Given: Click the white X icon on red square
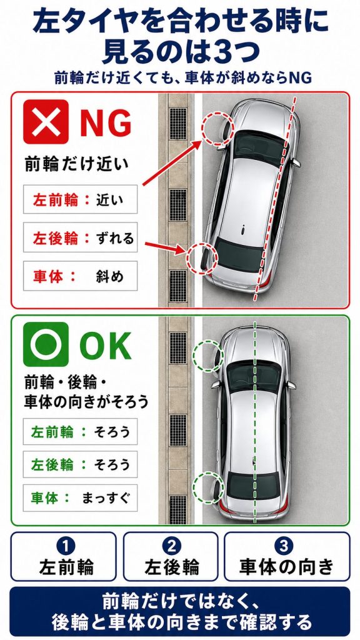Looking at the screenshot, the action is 45,122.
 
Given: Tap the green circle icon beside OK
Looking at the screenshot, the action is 45,344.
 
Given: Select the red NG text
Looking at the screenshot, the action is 106,122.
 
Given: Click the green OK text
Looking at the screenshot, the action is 105,345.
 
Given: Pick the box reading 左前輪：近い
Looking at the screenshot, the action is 80,199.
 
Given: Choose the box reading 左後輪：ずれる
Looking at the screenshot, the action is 80,237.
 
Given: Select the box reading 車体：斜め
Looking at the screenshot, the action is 80,276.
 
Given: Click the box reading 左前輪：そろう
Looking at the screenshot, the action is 80,431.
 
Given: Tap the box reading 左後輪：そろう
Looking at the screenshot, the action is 80,464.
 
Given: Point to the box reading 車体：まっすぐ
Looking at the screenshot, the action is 80,497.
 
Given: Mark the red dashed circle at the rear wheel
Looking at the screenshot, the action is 188,258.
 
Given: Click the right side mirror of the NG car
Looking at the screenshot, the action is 296,163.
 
